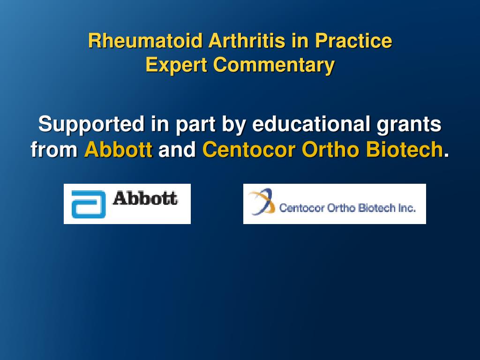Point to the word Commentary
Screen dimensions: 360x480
274,65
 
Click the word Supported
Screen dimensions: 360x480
91,125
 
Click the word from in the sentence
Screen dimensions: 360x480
54,150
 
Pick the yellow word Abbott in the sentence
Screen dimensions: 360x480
118,150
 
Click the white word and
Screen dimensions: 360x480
177,150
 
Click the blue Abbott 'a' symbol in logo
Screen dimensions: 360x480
88,204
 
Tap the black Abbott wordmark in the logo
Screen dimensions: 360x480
145,198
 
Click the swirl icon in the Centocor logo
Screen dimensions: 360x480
261,202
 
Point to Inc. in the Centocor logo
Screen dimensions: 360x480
407,208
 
